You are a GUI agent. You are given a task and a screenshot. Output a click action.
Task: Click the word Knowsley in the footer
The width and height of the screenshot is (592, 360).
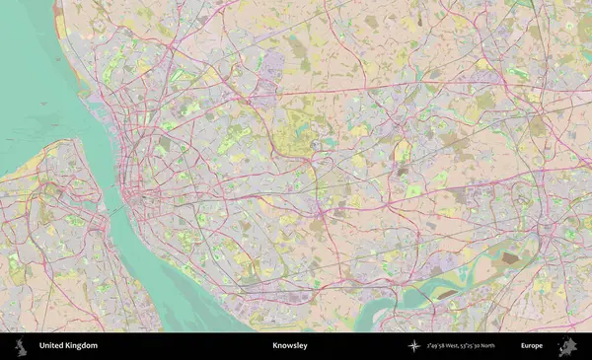pyautogui.click(x=290, y=346)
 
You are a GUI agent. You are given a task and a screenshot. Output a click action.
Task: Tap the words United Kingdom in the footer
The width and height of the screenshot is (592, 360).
pyautogui.click(x=68, y=346)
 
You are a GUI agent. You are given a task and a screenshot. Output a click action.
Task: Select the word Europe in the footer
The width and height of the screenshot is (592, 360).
pyautogui.click(x=532, y=346)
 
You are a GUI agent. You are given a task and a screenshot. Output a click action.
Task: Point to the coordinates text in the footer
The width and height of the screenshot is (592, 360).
pyautogui.click(x=460, y=346)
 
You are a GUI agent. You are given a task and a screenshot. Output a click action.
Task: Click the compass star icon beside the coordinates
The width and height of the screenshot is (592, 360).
pyautogui.click(x=414, y=346)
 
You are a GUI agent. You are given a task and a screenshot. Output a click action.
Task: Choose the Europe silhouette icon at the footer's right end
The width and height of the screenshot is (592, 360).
pyautogui.click(x=567, y=346)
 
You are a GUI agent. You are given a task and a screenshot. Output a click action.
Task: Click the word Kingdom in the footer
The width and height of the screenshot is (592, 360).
pyautogui.click(x=82, y=346)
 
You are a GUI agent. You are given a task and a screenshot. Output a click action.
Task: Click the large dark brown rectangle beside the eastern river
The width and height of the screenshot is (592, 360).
pyautogui.click(x=510, y=259)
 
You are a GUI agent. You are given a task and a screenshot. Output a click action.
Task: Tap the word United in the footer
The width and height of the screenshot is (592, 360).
pyautogui.click(x=52, y=346)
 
